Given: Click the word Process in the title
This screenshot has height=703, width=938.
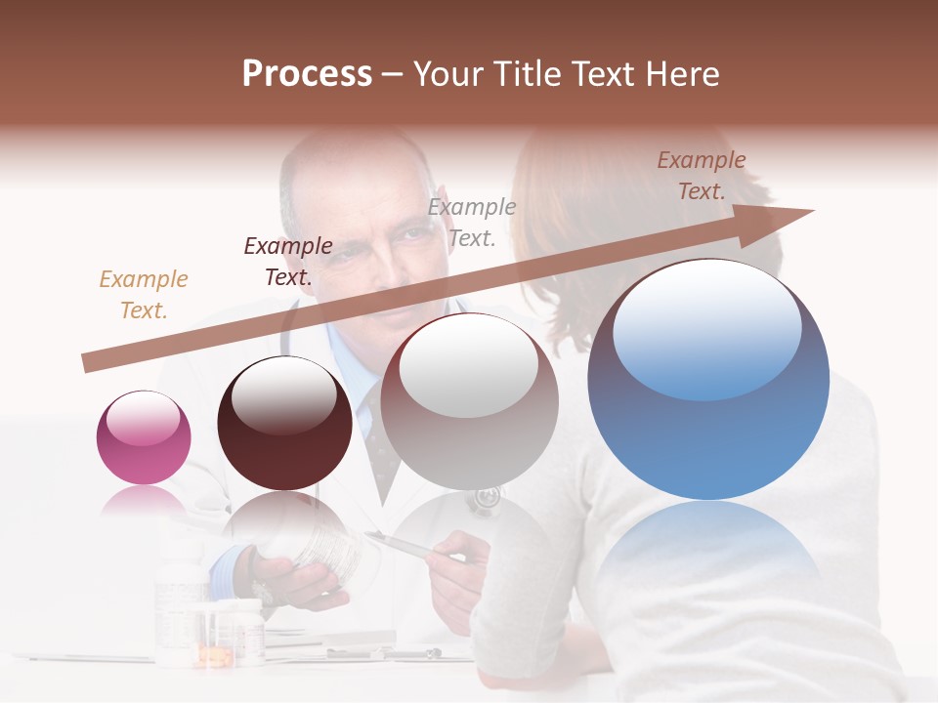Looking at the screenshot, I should tap(307, 74).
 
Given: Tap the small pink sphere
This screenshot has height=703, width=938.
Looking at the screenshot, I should tap(144, 437).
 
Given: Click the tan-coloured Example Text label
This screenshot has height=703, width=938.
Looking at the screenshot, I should tap(144, 295).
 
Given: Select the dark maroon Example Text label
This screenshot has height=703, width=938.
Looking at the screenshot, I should tap(288, 262).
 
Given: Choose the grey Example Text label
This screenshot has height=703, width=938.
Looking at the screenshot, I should tap(472, 222).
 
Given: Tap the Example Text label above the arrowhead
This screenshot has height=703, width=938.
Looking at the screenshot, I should tap(701, 176).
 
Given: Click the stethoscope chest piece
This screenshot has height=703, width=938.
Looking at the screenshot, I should tap(483, 500).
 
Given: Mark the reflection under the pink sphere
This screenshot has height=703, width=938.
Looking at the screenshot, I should tap(144, 504).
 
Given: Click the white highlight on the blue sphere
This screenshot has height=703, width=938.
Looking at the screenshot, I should tap(707, 327).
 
